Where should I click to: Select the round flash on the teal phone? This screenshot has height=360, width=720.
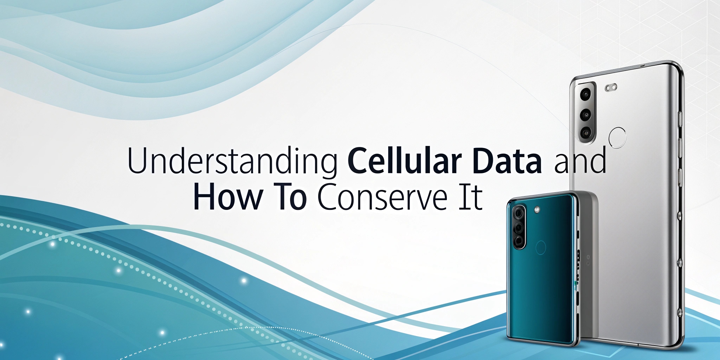(536, 210)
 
